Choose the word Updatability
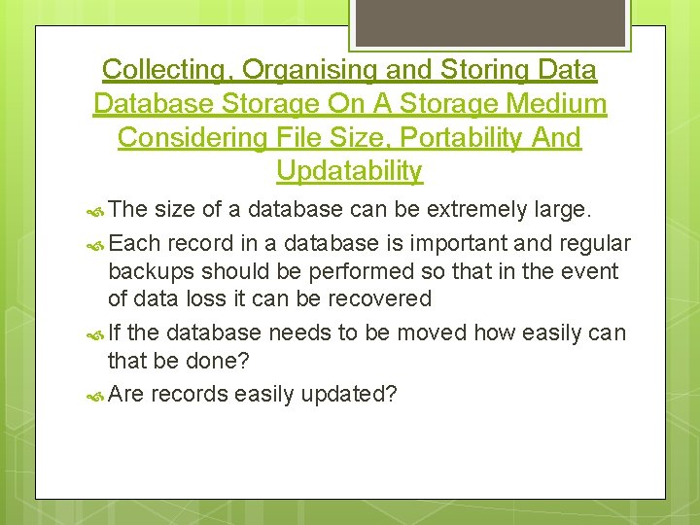(x=349, y=172)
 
